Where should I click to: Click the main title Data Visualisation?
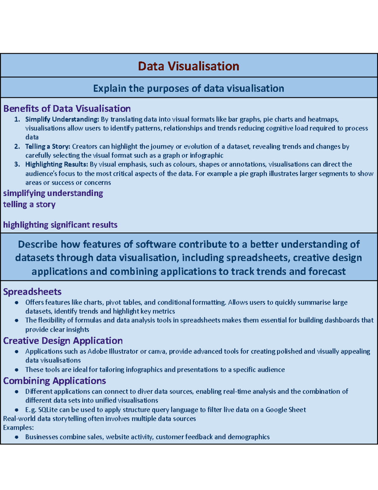click(x=188, y=66)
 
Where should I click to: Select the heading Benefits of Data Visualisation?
click(x=67, y=109)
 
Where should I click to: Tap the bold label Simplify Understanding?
click(x=62, y=119)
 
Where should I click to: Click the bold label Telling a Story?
click(x=48, y=146)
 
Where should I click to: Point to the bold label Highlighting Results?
click(x=56, y=164)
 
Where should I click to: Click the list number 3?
click(x=17, y=164)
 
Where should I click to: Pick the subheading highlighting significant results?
click(x=60, y=225)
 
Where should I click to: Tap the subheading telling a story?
click(x=29, y=204)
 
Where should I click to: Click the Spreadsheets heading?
click(x=32, y=292)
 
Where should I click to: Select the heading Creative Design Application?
click(x=63, y=341)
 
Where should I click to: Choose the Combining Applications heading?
click(x=54, y=381)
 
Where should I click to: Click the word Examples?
click(x=18, y=428)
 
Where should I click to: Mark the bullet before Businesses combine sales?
click(x=16, y=437)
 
